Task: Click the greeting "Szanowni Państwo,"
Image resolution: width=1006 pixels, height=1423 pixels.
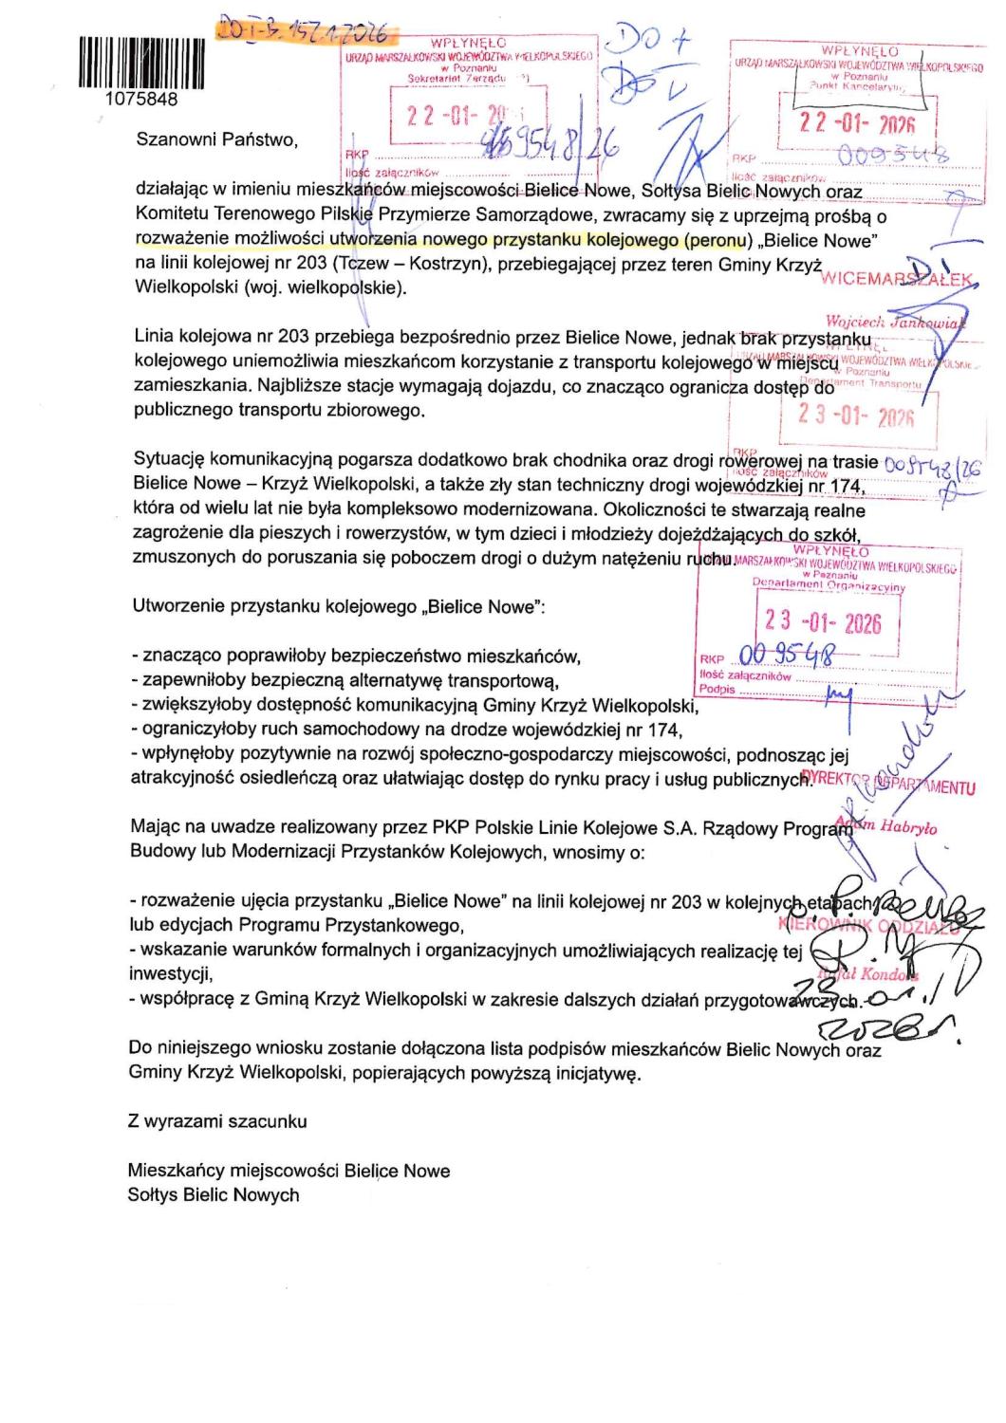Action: [217, 139]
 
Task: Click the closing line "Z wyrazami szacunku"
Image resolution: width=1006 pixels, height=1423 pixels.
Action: [217, 1121]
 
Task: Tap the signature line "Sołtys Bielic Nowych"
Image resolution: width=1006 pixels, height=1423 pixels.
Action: [214, 1195]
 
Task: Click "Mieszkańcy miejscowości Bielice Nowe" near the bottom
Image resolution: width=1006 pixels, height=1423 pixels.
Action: [289, 1171]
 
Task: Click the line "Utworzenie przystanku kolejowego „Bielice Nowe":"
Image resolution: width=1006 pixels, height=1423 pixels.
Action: [339, 608]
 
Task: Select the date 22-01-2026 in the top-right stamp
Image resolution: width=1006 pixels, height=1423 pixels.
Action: [856, 123]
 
